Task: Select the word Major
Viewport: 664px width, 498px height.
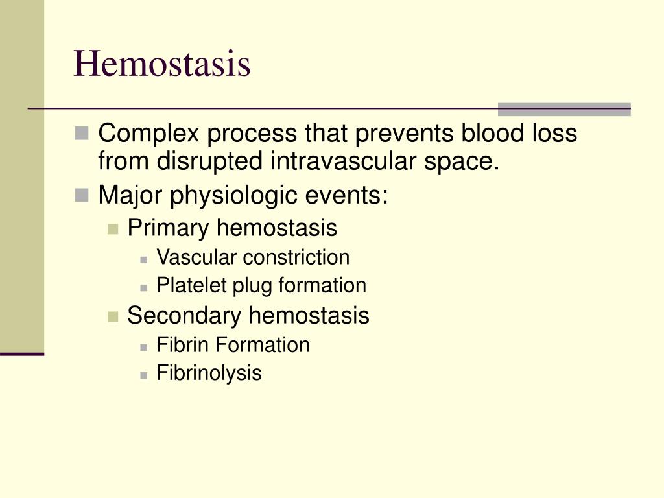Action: pos(130,195)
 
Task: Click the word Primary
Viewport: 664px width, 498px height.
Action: pos(169,228)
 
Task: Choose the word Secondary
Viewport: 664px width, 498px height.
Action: pos(185,316)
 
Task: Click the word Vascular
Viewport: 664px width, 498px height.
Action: pos(197,257)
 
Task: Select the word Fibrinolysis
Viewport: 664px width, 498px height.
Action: pos(209,373)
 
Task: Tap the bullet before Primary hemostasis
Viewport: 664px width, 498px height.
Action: pos(113,229)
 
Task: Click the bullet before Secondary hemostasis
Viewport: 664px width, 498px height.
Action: pos(113,316)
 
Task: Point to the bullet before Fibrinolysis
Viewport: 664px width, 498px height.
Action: pos(144,374)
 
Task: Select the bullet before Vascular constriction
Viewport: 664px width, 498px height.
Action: pos(144,258)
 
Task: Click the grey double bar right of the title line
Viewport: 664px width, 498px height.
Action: pos(563,109)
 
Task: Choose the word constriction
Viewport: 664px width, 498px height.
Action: pos(296,257)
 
